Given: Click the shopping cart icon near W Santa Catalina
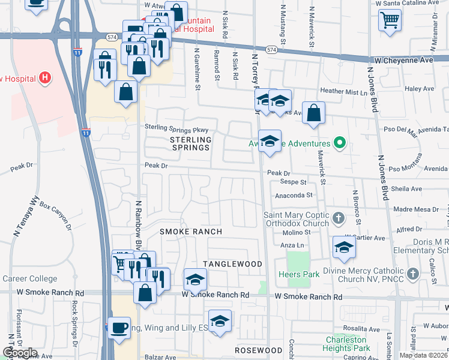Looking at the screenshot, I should [x=390, y=20].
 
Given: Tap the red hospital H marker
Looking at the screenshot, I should [x=44, y=77].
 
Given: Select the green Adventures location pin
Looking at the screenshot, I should [x=339, y=143].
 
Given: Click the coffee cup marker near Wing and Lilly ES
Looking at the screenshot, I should [x=119, y=328].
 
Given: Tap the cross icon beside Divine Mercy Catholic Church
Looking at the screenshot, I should [x=412, y=274].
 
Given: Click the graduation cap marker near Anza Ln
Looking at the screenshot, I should [x=344, y=247].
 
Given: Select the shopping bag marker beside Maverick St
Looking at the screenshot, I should [x=313, y=112].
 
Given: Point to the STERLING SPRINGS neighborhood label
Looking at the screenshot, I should [x=187, y=143].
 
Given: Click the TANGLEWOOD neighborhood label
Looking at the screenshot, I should [x=232, y=264].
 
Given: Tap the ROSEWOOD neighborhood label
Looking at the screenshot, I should [x=259, y=350].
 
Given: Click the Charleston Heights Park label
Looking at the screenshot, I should [x=346, y=343].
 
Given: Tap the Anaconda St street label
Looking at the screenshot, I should [x=294, y=195].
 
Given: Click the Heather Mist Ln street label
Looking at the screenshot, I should [x=343, y=92].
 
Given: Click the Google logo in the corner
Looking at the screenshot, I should [x=19, y=353].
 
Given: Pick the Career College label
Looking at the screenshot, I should [x=30, y=278].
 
